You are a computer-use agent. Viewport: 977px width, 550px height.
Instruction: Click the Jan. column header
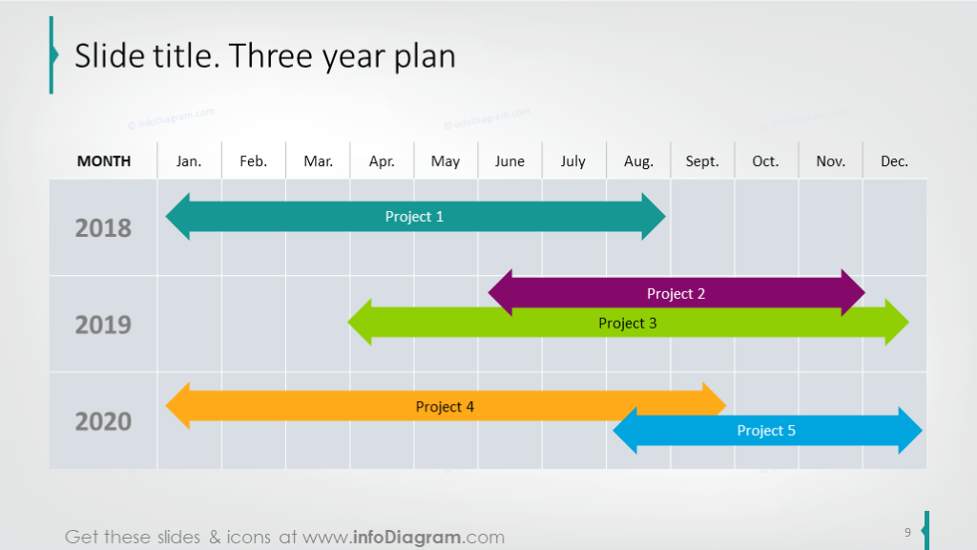point(189,161)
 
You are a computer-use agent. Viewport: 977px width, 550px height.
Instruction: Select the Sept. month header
point(702,161)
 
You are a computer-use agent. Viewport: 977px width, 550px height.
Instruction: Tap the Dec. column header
point(894,161)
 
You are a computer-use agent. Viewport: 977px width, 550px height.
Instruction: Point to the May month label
point(446,161)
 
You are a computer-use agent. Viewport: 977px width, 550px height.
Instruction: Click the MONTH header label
point(104,161)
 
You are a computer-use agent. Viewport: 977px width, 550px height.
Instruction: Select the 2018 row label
point(103,228)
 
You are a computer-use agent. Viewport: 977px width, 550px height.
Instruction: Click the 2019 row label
point(103,325)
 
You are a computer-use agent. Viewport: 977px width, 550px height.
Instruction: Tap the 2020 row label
point(103,421)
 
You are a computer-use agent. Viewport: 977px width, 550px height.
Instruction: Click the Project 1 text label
point(414,217)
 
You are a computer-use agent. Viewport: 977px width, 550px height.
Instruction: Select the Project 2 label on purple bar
point(676,293)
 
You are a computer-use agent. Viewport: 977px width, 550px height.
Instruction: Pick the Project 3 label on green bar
point(627,323)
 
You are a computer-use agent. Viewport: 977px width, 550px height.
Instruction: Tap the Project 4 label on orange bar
point(445,407)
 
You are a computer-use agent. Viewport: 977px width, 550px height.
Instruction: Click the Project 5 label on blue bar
point(765,431)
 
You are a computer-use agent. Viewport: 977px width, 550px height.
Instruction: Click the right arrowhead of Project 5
point(910,431)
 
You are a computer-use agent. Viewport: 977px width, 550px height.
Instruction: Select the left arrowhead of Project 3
point(360,323)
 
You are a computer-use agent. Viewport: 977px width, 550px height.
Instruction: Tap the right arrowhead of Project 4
point(715,406)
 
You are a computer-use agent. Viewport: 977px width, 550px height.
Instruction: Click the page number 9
point(907,532)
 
